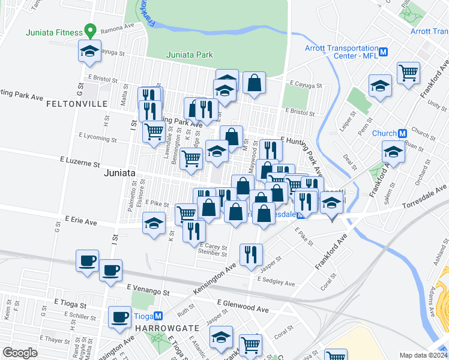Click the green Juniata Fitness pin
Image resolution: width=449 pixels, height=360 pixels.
pos(90,29)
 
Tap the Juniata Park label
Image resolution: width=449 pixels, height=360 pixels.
pos(190,55)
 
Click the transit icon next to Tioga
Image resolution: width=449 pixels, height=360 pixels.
pos(158,316)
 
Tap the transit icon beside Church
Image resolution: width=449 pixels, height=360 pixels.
pos(403,133)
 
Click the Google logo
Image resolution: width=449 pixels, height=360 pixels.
pos(20,353)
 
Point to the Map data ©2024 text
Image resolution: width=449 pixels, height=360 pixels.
pos(423,355)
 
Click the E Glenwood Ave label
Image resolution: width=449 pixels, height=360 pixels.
pos(243,306)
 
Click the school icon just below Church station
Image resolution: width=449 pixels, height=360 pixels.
pos(393,151)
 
